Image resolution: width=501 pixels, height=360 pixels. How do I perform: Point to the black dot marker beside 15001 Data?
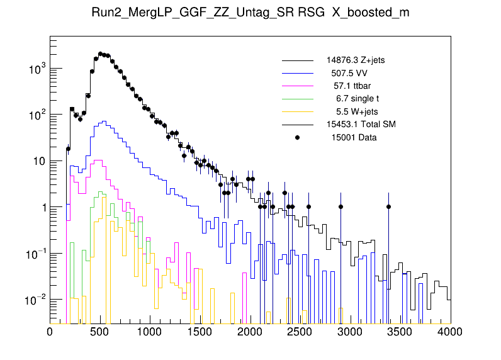pyautogui.click(x=298, y=137)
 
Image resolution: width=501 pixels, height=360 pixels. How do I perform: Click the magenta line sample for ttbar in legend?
pyautogui.click(x=298, y=86)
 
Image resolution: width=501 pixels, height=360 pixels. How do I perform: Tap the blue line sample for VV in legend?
pyautogui.click(x=298, y=73)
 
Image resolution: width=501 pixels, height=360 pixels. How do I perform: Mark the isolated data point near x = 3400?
pyautogui.click(x=389, y=206)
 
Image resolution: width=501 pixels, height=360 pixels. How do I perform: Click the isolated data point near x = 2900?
pyautogui.click(x=341, y=206)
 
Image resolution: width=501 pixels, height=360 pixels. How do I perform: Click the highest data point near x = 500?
pyautogui.click(x=101, y=54)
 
